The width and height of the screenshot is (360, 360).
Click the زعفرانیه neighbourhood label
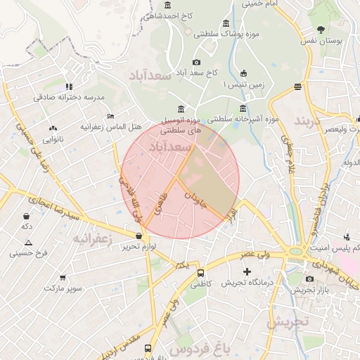tap(92, 238)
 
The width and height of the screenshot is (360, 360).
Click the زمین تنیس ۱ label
tap(243, 84)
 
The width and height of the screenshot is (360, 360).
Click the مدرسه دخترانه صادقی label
tap(69, 96)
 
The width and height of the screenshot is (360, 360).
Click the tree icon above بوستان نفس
tap(321, 30)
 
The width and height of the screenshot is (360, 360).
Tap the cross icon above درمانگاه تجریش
tap(246, 271)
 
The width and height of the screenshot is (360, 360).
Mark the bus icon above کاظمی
tap(200, 272)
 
